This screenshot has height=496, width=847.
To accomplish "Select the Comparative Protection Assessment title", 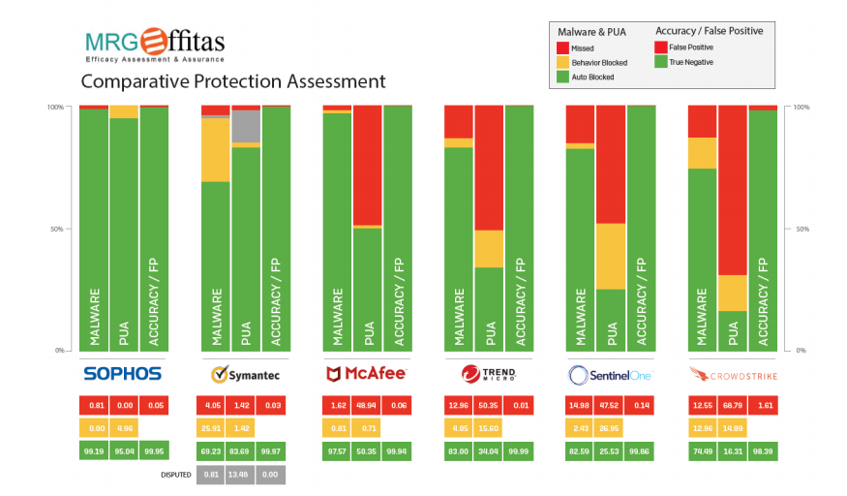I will [232, 81].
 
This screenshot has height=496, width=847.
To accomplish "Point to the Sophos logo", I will [122, 373].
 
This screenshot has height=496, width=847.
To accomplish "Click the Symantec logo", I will [244, 373].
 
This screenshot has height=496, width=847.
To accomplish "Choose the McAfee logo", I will [366, 373].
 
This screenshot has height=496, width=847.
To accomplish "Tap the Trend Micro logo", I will [488, 373].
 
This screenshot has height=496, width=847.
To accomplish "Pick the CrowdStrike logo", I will [732, 373].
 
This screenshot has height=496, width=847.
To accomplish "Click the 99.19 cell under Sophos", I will [93, 450].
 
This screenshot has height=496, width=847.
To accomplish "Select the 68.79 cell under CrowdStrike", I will [733, 404].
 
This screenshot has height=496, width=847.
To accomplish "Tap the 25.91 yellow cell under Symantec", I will [214, 427].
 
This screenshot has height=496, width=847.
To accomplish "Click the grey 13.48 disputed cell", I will [244, 475].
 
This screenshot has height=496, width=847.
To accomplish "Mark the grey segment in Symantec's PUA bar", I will [246, 126].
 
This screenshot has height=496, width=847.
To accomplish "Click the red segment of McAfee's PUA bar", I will [367, 165].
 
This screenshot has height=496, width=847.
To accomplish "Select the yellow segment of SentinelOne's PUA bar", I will [611, 256].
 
